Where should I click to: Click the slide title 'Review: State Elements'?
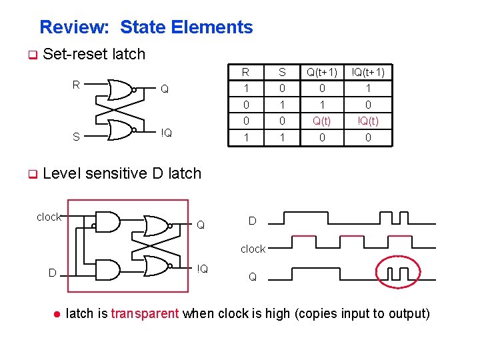point(146,27)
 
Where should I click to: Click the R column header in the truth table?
point(245,72)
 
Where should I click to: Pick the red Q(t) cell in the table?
point(322,120)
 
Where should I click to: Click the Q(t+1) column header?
point(322,72)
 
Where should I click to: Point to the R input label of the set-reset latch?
point(77,85)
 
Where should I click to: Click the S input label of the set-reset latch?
point(77,137)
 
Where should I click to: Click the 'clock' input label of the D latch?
point(49,217)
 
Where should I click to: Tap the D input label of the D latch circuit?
point(51,272)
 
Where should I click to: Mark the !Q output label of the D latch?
point(203,269)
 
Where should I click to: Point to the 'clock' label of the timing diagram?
point(253,249)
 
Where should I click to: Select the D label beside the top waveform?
point(253,220)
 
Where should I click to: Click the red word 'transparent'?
point(145,313)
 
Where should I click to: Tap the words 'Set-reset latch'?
point(93,54)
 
